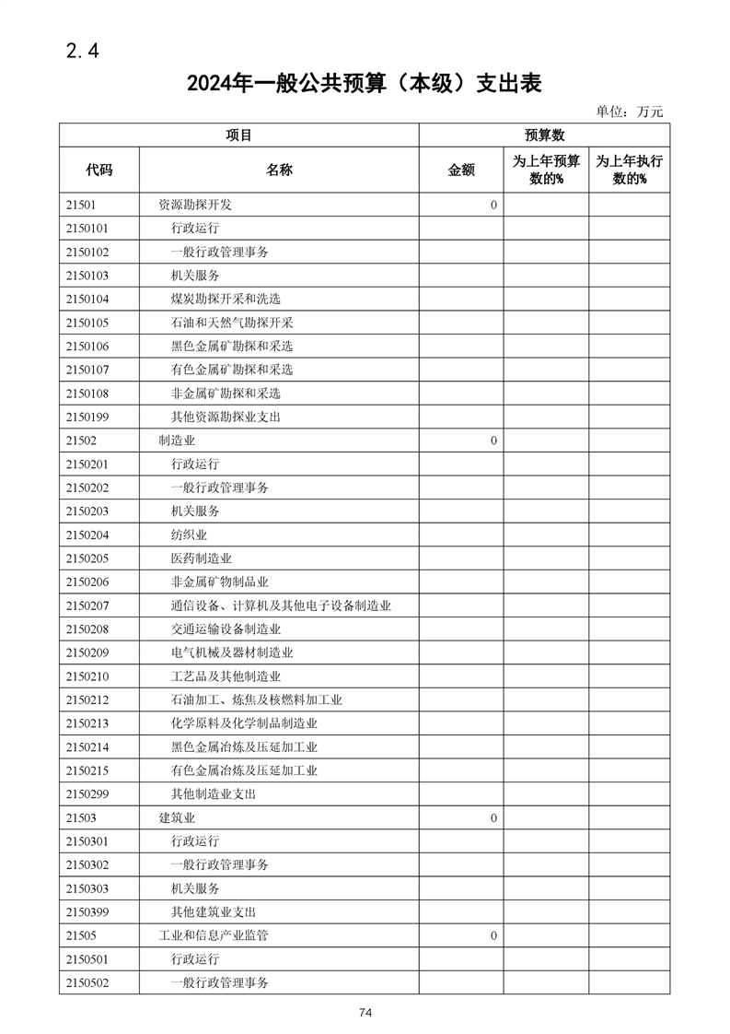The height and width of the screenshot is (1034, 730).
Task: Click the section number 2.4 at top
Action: point(82,52)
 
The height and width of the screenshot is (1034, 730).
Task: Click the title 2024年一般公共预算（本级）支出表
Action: point(365,84)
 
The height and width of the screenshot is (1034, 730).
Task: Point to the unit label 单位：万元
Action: point(629,112)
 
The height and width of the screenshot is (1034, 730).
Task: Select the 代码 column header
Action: point(99,170)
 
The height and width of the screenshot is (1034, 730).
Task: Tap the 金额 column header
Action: point(461,170)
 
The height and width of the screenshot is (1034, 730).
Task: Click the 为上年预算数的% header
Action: point(546,170)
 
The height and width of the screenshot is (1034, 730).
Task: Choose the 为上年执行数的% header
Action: point(630,170)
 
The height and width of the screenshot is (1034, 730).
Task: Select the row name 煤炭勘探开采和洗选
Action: point(226,299)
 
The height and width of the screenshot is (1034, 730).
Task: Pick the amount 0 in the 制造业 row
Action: point(493,441)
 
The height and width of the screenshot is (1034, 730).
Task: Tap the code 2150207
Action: point(87,605)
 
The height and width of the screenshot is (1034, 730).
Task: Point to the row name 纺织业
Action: point(189,535)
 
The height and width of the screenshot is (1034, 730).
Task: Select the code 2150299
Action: point(87,793)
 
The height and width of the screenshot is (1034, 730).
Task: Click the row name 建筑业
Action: point(177,817)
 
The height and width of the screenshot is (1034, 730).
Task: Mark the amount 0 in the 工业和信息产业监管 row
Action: point(493,935)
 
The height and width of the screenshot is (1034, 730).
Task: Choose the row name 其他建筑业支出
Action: point(214,911)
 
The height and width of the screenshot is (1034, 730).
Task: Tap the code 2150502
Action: point(87,982)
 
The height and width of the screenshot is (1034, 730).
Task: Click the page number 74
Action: point(365,1013)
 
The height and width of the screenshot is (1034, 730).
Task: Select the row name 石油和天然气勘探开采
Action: point(232,323)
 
